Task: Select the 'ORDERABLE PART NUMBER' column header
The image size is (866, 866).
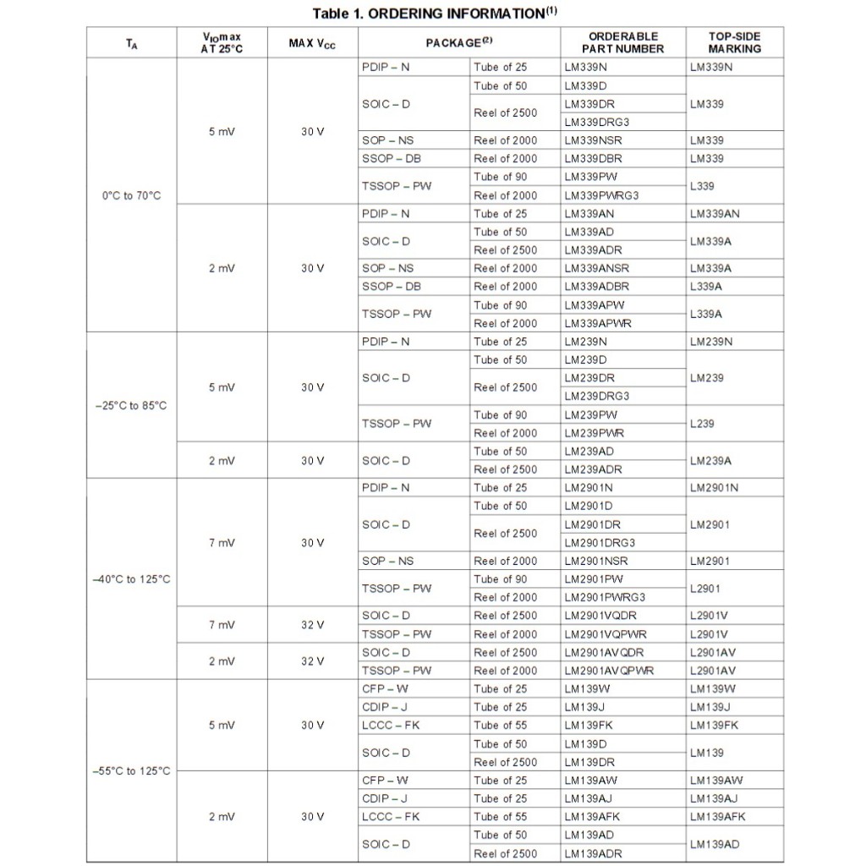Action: tap(623, 42)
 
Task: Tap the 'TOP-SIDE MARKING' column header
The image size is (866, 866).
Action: tap(734, 42)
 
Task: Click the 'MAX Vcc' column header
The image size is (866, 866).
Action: tap(312, 42)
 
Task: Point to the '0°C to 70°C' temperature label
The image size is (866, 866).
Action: tap(131, 195)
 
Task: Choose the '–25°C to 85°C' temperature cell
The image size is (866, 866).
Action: tap(131, 405)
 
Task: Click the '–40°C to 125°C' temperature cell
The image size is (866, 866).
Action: tap(131, 579)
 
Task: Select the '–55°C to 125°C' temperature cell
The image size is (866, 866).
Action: tap(131, 770)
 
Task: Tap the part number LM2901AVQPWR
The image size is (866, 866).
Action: tap(609, 671)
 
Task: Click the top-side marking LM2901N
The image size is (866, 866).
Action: tap(714, 487)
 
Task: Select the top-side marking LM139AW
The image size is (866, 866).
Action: tap(716, 780)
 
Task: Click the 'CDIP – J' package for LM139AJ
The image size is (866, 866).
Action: tap(385, 798)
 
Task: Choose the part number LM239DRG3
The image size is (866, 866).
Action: tap(597, 396)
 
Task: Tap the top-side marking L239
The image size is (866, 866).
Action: tap(702, 424)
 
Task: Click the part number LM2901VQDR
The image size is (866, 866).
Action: tap(600, 616)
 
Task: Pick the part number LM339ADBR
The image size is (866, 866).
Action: tap(597, 286)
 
